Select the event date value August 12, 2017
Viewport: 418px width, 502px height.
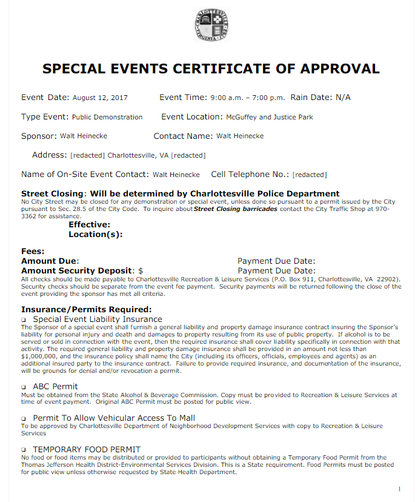pyautogui.click(x=100, y=98)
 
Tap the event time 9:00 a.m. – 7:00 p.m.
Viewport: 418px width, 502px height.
pyautogui.click(x=247, y=98)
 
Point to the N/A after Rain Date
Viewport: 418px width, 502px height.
pyautogui.click(x=343, y=98)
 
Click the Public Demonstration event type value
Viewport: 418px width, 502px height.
pyautogui.click(x=107, y=117)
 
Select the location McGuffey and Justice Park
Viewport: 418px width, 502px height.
pyautogui.click(x=270, y=117)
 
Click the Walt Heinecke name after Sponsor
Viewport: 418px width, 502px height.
pyautogui.click(x=84, y=136)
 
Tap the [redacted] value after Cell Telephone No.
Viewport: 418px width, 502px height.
pyautogui.click(x=310, y=175)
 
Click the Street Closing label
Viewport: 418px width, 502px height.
pyautogui.click(x=51, y=193)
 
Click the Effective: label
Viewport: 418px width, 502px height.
pyautogui.click(x=89, y=225)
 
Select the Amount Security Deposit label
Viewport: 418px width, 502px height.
pyautogui.click(x=77, y=270)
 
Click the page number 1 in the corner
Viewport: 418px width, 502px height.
pyautogui.click(x=399, y=489)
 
